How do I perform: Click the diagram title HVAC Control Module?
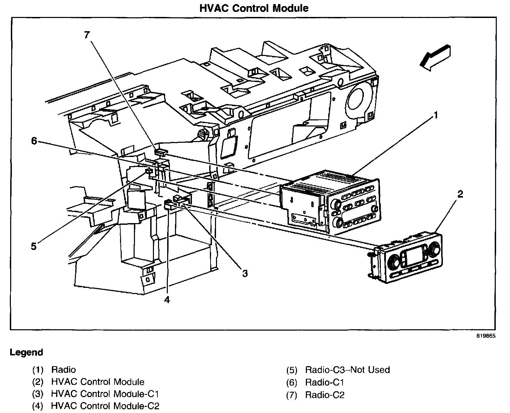pos(254,8)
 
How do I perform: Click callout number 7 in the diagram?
pos(87,35)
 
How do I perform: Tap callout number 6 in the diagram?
pos(34,141)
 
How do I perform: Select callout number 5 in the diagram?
pos(34,246)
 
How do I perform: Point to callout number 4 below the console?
pos(167,299)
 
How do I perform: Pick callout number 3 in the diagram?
pos(245,273)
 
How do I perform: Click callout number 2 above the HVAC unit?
pos(460,194)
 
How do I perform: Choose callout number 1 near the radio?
pos(436,115)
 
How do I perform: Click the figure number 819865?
pos(486,336)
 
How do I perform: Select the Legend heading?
pos(26,352)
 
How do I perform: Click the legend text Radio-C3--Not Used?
pos(348,370)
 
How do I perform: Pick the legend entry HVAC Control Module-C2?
pos(105,406)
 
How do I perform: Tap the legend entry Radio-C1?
pos(325,382)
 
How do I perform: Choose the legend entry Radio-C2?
pos(325,395)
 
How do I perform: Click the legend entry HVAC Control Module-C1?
pos(105,394)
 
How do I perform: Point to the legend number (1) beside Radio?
pos(38,370)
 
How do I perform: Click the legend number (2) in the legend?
pos(38,382)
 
